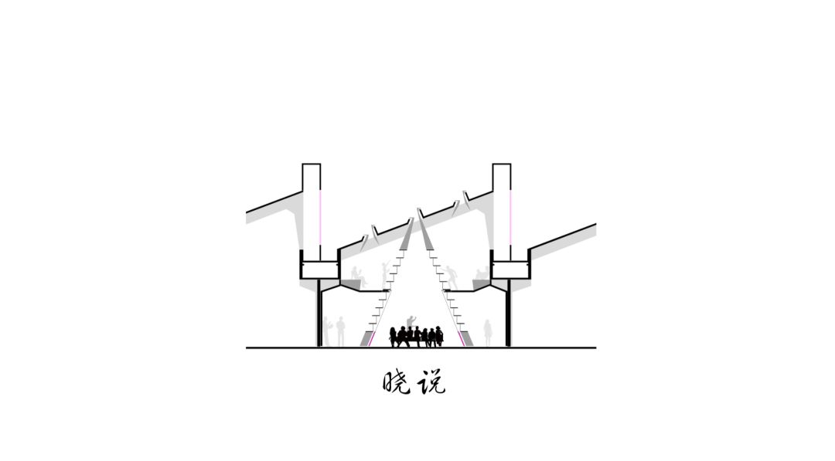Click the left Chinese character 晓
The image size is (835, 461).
coord(397,381)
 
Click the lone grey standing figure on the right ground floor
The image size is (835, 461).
coord(487,334)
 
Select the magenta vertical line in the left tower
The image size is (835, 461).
coord(321,216)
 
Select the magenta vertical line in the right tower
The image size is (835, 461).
coord(510,216)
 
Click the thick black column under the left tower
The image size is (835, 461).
coord(319,314)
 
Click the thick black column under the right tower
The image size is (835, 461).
coord(509,314)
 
